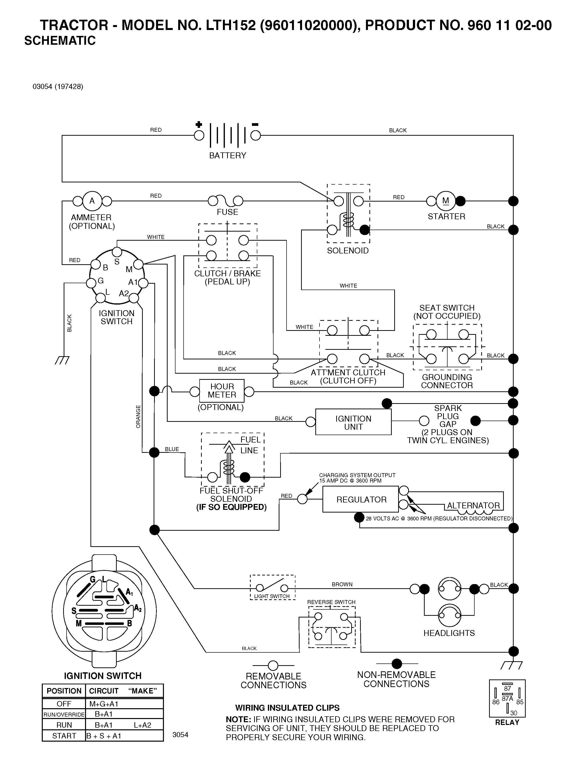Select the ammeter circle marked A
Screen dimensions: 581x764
[x=92, y=201]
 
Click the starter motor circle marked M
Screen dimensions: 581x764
[x=446, y=201]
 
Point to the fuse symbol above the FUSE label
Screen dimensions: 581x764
[x=225, y=201]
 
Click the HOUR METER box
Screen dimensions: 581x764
[x=222, y=391]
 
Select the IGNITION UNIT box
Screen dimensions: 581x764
[x=353, y=422]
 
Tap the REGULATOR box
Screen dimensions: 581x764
[x=361, y=499]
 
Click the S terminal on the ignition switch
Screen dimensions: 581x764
[x=117, y=251]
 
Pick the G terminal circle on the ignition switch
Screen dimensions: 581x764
[x=91, y=283]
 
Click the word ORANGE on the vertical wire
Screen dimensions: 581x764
[x=138, y=416]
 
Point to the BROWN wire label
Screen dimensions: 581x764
[x=342, y=584]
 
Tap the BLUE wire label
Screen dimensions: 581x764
[x=172, y=449]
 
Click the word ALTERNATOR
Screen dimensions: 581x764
[x=473, y=505]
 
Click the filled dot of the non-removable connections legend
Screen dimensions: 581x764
[x=397, y=664]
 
